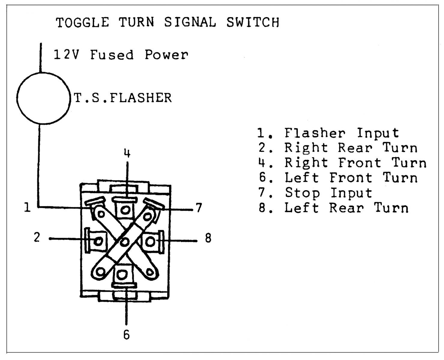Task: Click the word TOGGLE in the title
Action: coord(83,23)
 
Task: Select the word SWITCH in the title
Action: coord(253,23)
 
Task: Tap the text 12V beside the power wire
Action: coord(66,55)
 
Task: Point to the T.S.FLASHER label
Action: coord(123,98)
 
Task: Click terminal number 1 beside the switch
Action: coord(27,207)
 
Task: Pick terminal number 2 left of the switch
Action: coord(37,238)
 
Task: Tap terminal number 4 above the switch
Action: coord(127,154)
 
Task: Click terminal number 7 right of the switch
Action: coord(199,208)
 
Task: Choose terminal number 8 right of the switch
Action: coord(208,238)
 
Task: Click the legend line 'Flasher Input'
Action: coord(329,133)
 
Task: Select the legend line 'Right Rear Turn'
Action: coord(338,148)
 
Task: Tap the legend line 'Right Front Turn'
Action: coord(342,163)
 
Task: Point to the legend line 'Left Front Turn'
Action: coord(338,178)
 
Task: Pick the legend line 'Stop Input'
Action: coord(315,193)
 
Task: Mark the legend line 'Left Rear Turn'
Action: coord(334,208)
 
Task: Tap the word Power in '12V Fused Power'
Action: coord(166,55)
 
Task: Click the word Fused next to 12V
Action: coord(112,55)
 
